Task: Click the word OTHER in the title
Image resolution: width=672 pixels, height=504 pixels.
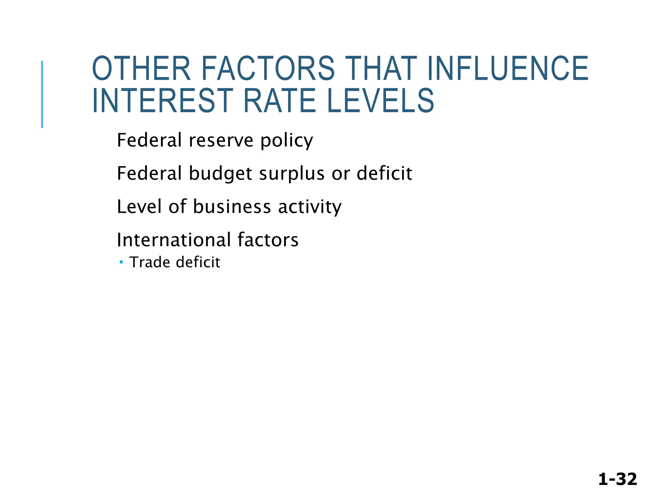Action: click(x=141, y=69)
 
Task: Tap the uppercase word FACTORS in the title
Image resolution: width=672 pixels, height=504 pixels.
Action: click(x=268, y=69)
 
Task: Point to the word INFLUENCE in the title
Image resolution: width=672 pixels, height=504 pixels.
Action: click(x=508, y=69)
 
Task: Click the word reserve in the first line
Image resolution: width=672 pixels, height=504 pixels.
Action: click(x=221, y=140)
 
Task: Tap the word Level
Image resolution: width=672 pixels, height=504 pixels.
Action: click(x=140, y=207)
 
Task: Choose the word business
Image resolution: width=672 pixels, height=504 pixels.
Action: click(x=232, y=207)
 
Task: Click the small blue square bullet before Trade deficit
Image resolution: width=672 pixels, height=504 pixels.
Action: click(x=121, y=262)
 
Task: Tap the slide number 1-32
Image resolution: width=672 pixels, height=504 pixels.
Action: click(x=618, y=479)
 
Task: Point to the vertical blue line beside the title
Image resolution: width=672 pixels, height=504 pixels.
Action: click(x=42, y=94)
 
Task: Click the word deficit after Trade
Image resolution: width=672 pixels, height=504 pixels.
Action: click(x=198, y=262)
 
